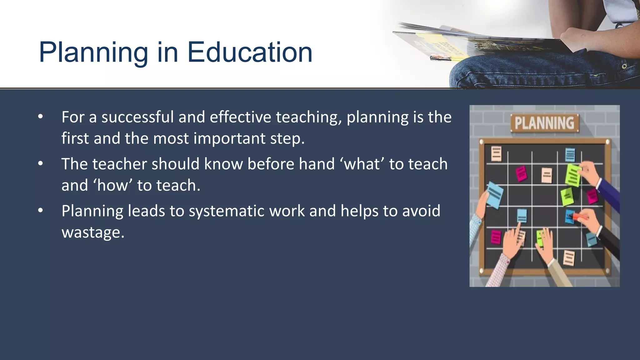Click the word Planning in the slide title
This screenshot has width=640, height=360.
(x=93, y=52)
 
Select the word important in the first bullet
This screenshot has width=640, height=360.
(x=230, y=138)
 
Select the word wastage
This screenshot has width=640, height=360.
(x=93, y=232)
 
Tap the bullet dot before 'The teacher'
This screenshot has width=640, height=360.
(x=40, y=164)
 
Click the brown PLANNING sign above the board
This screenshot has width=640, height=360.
(x=544, y=123)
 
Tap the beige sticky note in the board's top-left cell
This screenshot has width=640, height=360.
(x=496, y=153)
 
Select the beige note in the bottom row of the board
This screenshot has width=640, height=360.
(x=568, y=258)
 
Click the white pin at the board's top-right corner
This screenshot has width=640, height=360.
(x=607, y=142)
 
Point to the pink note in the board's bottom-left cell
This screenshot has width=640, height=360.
(x=496, y=237)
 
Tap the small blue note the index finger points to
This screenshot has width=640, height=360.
(x=522, y=215)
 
